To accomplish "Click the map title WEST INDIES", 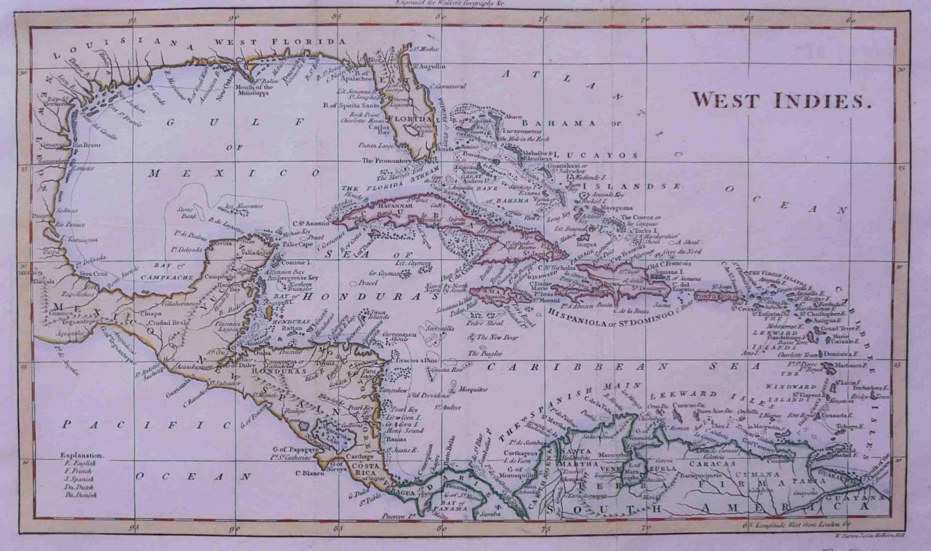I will tap(780, 100).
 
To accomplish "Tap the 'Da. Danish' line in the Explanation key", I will tap(81, 494).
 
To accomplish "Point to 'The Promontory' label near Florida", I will tap(387, 160).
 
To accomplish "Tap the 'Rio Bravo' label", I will tap(87, 145).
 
